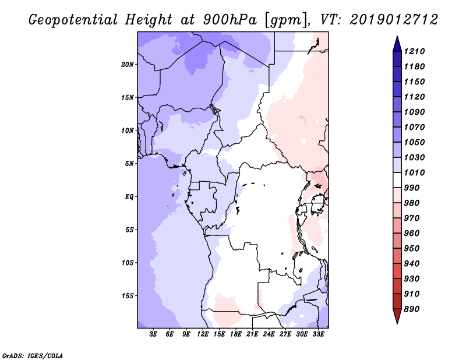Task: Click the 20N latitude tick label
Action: point(128,64)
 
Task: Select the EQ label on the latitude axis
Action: point(129,196)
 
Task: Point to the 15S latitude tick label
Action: point(128,295)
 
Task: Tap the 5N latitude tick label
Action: point(129,163)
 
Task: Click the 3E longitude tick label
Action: point(154,335)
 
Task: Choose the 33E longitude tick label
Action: point(319,335)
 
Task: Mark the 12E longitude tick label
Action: point(203,335)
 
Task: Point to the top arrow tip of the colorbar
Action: point(396,38)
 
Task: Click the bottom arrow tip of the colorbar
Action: point(396,322)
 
